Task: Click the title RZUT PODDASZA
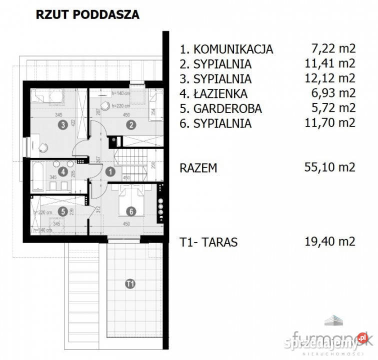point(87,14)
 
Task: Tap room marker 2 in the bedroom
point(130,125)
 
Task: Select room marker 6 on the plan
point(130,211)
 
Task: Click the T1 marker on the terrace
point(130,284)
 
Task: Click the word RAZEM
point(198,167)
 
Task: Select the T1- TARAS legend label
point(208,242)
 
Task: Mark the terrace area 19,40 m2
point(329,242)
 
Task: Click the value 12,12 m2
point(330,79)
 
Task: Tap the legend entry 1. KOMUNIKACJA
point(226,49)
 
